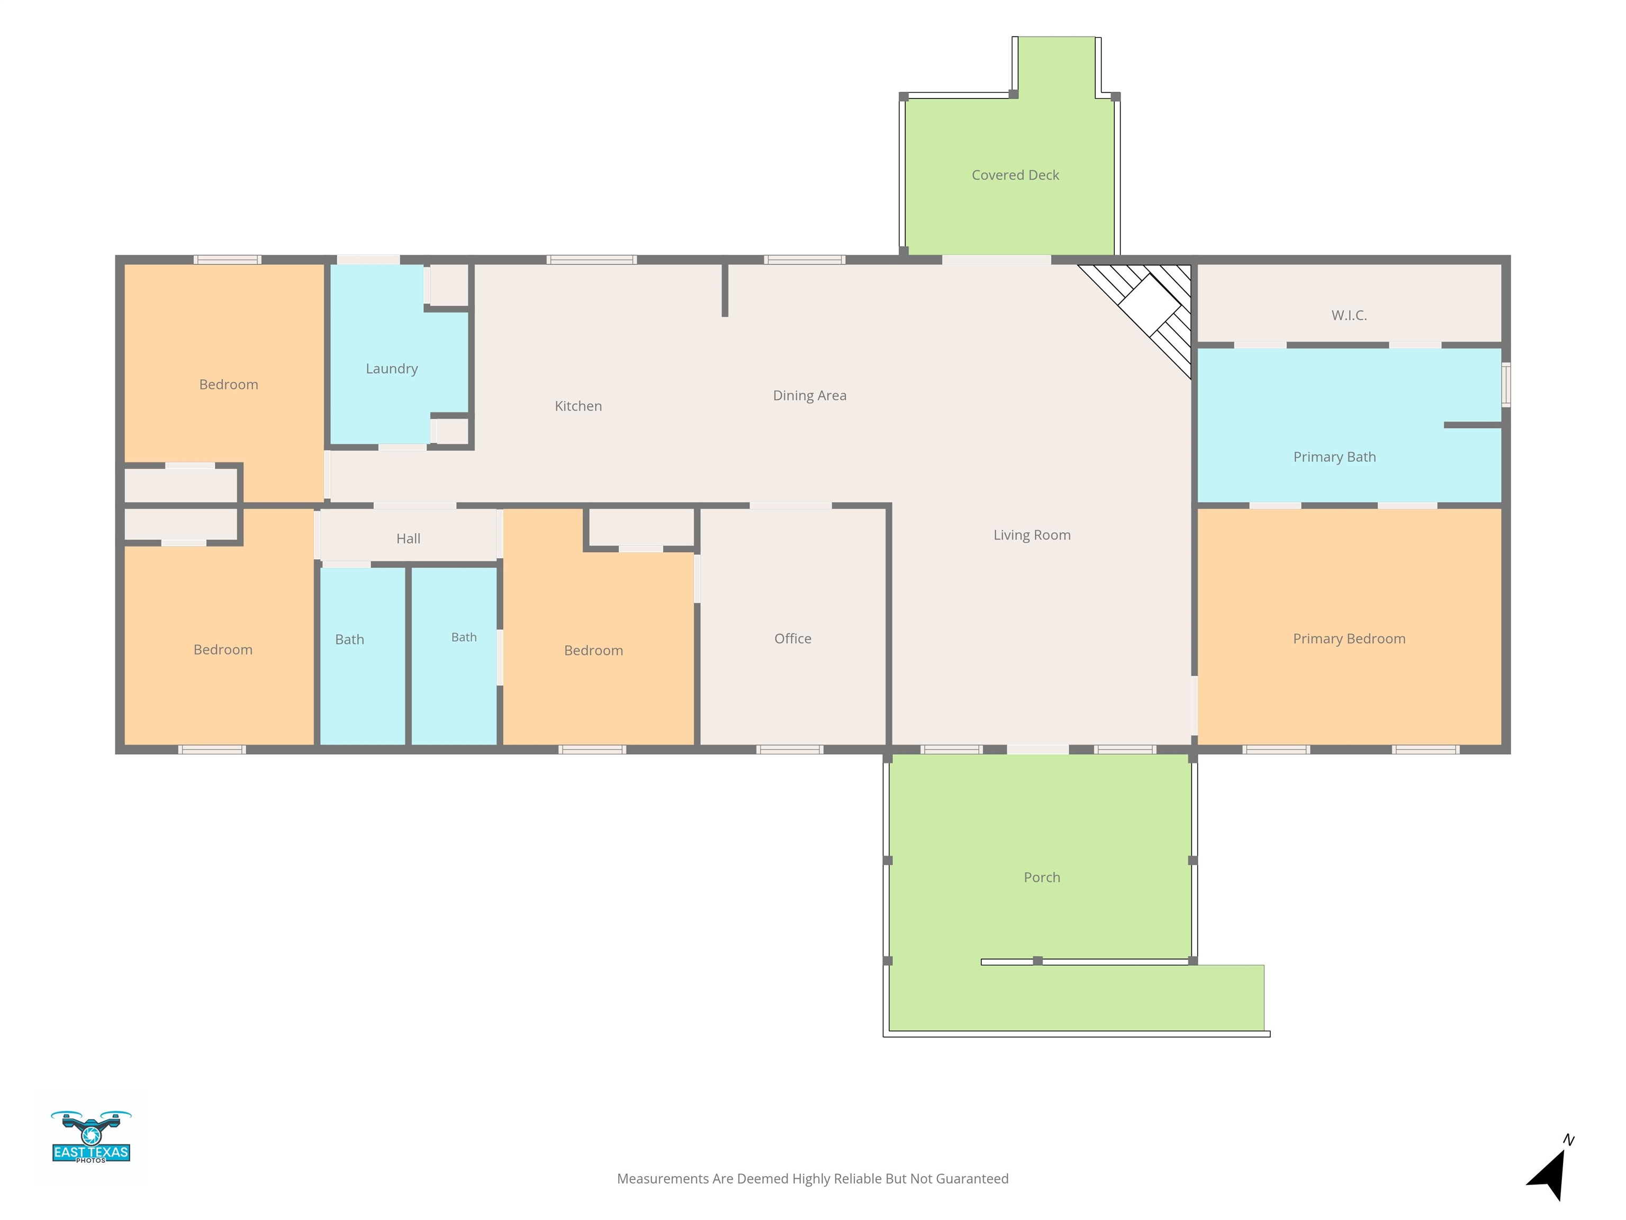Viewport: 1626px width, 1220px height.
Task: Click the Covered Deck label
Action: pyautogui.click(x=1015, y=175)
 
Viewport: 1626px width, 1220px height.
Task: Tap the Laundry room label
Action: pyautogui.click(x=392, y=369)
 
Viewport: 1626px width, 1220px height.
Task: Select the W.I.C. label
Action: pyautogui.click(x=1349, y=316)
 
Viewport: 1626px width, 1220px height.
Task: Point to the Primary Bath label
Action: pyautogui.click(x=1334, y=456)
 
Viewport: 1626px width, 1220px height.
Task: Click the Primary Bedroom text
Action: pyautogui.click(x=1349, y=638)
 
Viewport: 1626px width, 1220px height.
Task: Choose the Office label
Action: pyautogui.click(x=792, y=638)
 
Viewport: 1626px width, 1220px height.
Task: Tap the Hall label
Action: pyautogui.click(x=408, y=539)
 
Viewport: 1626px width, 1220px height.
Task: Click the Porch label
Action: pyautogui.click(x=1042, y=877)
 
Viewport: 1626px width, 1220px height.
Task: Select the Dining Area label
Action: pyautogui.click(x=809, y=396)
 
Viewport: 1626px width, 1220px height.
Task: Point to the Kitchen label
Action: pyautogui.click(x=578, y=406)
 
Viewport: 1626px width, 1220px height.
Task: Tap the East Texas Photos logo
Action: pyautogui.click(x=91, y=1137)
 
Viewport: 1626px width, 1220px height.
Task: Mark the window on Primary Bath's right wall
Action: pyautogui.click(x=1505, y=384)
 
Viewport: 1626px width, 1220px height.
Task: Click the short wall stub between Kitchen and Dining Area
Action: pyautogui.click(x=725, y=290)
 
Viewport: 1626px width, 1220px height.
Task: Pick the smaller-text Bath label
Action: pyautogui.click(x=464, y=638)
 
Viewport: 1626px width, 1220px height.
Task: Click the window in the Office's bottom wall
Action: pyautogui.click(x=790, y=749)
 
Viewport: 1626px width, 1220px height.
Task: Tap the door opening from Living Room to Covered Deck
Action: pyautogui.click(x=996, y=259)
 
